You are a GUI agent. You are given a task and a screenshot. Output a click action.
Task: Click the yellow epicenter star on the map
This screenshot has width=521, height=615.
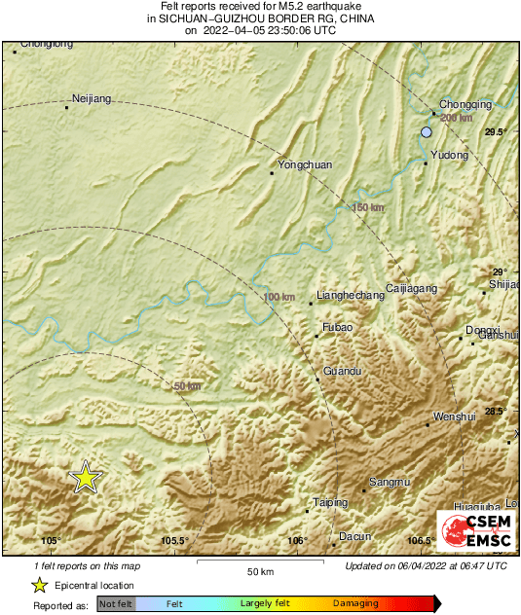(x=86, y=478)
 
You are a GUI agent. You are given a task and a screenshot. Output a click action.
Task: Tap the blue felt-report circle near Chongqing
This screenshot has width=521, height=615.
(x=426, y=132)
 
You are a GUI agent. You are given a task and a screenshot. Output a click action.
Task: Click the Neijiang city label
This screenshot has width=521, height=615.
(x=93, y=98)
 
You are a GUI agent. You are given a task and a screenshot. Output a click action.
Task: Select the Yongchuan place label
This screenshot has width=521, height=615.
(x=305, y=164)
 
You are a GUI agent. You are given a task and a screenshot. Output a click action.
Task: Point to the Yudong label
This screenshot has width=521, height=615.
(x=449, y=155)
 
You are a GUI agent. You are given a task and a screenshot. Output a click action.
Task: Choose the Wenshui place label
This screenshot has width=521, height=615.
(x=454, y=416)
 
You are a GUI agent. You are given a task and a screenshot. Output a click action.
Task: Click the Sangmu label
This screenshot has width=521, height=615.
(x=391, y=482)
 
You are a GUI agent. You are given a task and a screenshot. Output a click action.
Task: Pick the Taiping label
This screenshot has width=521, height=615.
(x=330, y=502)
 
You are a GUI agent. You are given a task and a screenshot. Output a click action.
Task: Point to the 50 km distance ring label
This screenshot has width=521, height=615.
(x=187, y=386)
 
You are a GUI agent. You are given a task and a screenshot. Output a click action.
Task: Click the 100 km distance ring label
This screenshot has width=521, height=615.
(x=279, y=297)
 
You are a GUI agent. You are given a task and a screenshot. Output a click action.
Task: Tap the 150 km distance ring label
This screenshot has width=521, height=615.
(x=368, y=208)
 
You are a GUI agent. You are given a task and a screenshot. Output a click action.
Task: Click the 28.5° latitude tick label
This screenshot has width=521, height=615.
(x=497, y=412)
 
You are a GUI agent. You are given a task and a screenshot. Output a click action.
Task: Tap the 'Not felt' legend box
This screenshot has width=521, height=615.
(x=117, y=604)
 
